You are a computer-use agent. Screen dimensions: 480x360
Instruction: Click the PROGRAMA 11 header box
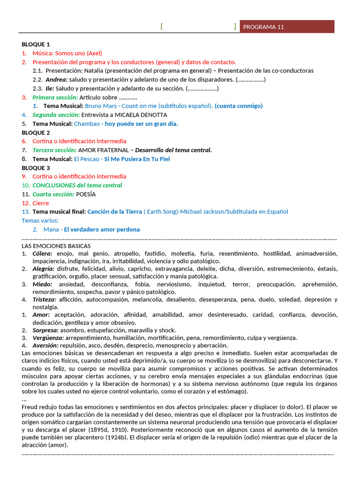(287, 27)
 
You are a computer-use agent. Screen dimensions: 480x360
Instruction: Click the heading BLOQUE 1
(36, 44)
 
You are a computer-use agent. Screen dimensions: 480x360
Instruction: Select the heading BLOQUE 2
(36, 132)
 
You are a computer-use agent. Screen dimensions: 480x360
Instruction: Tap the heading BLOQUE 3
(36, 168)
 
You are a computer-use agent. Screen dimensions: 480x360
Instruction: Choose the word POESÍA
(86, 194)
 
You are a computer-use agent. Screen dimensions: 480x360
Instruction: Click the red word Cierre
(40, 203)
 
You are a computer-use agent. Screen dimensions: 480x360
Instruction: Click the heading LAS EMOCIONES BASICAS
(56, 246)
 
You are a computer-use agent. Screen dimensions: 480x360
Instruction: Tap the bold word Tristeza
(45, 300)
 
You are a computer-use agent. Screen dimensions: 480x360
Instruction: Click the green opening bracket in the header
(162, 27)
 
